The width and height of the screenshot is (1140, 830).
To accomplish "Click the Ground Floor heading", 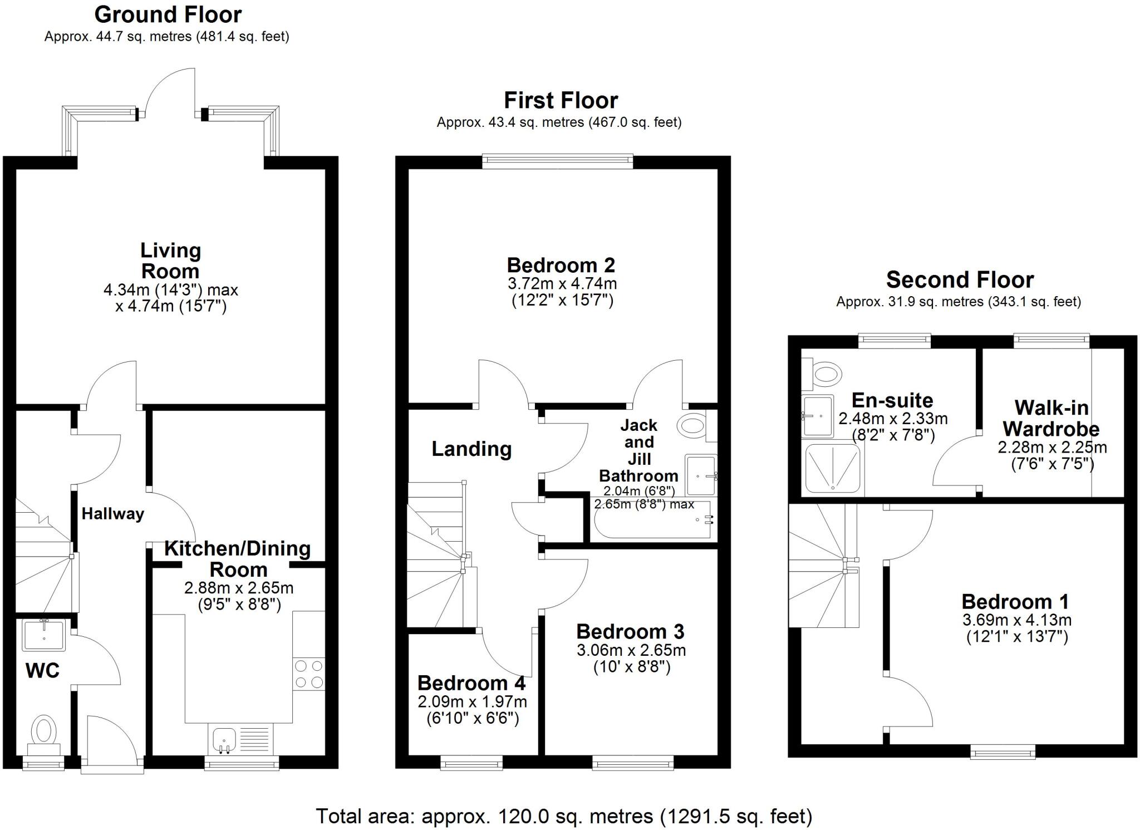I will [x=168, y=14].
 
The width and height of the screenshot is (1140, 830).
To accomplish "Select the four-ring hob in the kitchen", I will [x=309, y=674].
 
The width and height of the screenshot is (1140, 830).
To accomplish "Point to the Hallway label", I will [x=112, y=514].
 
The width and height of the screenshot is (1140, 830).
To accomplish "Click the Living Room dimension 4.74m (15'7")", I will [x=171, y=307].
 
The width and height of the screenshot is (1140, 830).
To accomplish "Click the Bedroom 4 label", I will [x=471, y=683].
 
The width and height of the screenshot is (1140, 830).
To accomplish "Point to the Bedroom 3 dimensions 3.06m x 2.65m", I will [x=631, y=650].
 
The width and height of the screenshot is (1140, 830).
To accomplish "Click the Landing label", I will [x=471, y=449].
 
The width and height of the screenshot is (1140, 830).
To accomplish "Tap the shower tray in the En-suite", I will [x=832, y=469].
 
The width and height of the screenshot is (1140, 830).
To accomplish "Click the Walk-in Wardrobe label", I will [x=1051, y=418].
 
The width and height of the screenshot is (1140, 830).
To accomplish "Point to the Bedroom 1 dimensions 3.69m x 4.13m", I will [x=1016, y=620].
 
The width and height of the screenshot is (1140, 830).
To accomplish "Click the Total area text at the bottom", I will [x=564, y=816].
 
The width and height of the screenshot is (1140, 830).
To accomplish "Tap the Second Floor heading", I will [x=960, y=279].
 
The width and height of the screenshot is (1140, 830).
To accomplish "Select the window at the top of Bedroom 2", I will [x=557, y=161].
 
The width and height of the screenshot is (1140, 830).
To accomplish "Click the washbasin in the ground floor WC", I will [x=44, y=635].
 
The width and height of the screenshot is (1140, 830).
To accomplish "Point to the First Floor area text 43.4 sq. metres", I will [x=559, y=122].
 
